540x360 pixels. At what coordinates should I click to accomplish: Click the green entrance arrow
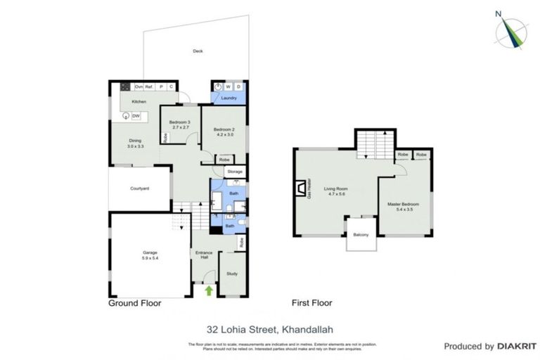coord(208,290)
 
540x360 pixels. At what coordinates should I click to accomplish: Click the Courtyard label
coord(139,188)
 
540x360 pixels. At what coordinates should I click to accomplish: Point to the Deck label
coord(198,51)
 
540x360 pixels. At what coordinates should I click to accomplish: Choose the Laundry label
coord(229,98)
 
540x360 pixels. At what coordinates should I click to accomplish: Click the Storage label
coord(235,172)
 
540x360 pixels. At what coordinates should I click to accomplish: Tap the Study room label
coord(231,274)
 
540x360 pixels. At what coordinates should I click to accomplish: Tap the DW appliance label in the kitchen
coord(136,116)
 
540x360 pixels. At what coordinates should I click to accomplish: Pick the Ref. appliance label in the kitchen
coord(149,86)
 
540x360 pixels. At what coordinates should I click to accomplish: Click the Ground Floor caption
coord(134,304)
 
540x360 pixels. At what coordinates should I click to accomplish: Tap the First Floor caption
coord(311,304)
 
